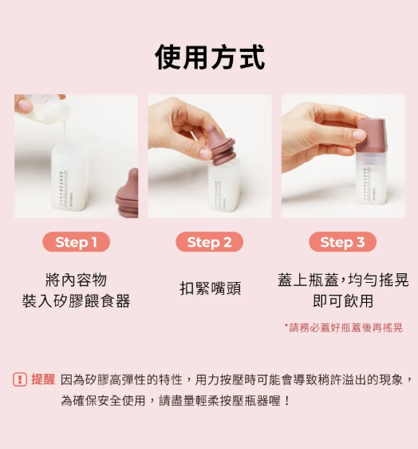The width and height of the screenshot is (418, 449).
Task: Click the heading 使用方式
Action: tap(210, 57)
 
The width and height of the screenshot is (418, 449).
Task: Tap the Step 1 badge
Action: tap(76, 242)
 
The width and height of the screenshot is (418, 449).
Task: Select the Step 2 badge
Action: tap(209, 242)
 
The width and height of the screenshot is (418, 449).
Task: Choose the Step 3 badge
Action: tap(342, 242)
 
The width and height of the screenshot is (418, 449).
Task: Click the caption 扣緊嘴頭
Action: tap(211, 288)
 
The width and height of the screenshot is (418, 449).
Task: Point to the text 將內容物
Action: tap(76, 280)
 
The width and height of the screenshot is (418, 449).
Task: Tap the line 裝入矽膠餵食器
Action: tap(76, 301)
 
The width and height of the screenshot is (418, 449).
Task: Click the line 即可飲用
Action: tap(343, 301)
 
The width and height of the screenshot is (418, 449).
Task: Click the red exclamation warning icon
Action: tap(20, 379)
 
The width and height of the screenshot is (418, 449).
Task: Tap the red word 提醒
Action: tap(43, 379)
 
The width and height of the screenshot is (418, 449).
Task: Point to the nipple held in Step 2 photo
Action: tap(219, 145)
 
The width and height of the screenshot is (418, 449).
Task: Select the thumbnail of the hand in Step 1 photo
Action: tap(26, 105)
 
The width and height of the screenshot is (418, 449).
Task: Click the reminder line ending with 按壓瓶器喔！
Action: tap(175, 400)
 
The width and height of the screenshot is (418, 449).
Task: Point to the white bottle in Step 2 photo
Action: tap(223, 188)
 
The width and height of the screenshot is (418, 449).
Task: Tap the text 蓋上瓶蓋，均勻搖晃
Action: tap(343, 280)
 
